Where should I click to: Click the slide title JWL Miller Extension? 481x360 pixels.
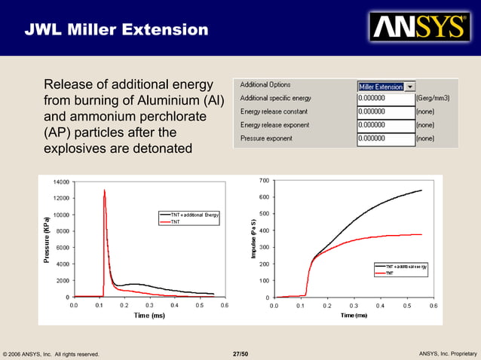coord(116,30)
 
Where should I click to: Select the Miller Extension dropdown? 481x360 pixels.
coord(386,86)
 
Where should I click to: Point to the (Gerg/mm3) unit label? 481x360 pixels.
coord(437,99)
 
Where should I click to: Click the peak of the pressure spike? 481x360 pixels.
coord(104,190)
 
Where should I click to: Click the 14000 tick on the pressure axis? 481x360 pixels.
coord(60,182)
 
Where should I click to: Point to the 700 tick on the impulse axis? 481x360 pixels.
coord(263,181)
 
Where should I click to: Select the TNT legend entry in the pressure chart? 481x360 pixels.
coord(175,222)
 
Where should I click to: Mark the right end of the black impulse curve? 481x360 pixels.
coord(421,191)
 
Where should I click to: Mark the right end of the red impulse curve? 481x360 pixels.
coord(421,234)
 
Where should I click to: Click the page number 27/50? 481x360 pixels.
coord(240,353)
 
